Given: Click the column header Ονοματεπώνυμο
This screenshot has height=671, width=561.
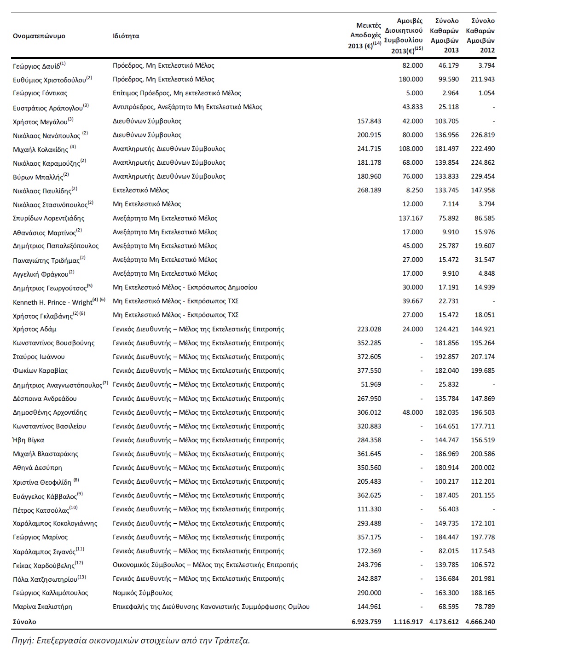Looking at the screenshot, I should click(x=39, y=36).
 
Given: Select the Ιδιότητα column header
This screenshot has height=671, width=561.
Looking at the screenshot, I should click(x=126, y=36).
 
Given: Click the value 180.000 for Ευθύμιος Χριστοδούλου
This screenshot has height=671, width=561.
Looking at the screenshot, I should click(x=411, y=79).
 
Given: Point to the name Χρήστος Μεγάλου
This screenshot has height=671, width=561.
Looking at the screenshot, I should click(x=40, y=121).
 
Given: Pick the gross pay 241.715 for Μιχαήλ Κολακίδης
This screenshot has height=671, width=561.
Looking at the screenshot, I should click(x=369, y=149).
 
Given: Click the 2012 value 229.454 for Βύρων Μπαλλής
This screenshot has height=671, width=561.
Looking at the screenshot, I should click(x=483, y=176).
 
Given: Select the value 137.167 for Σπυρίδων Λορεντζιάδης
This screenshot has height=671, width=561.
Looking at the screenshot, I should click(x=411, y=218).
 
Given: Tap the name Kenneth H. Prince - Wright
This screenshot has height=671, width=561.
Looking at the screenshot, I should click(x=52, y=302).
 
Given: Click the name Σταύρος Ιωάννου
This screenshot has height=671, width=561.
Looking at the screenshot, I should click(x=39, y=357).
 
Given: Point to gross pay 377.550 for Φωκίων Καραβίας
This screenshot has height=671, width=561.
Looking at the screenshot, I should click(x=369, y=370).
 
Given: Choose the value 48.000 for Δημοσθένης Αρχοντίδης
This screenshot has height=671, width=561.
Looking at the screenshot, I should click(x=412, y=412).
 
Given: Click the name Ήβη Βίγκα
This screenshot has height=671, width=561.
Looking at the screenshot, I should click(x=29, y=440).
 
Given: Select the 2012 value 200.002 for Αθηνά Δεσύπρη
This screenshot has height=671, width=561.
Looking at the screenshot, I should click(x=483, y=468).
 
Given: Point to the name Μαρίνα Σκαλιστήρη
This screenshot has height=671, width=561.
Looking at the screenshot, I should click(x=42, y=607).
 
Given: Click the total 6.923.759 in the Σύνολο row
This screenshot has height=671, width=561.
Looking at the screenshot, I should click(x=366, y=622).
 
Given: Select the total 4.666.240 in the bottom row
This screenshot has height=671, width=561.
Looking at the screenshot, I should click(x=480, y=622).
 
